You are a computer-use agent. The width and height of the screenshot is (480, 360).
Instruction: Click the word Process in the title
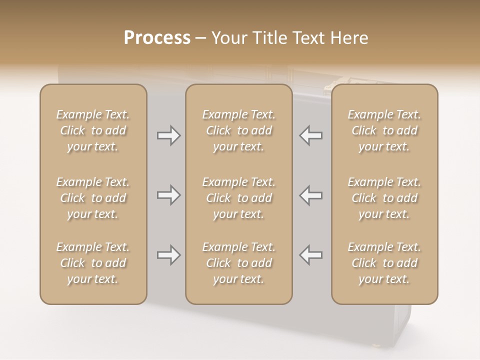tap(157, 38)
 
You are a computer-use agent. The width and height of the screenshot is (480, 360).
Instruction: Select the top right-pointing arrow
tap(168, 135)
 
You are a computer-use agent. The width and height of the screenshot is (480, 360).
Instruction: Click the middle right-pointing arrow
tap(168, 195)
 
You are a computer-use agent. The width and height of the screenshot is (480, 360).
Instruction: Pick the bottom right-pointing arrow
tap(168, 255)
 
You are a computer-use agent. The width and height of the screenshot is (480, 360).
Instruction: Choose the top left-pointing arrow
tap(310, 135)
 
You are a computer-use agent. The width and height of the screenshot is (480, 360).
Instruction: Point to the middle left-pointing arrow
tap(310, 195)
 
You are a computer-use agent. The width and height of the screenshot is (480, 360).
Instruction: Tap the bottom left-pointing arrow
tap(310, 255)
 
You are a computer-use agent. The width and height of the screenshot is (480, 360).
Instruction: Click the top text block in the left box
tap(93, 130)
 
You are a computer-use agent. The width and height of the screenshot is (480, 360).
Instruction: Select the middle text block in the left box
tap(93, 198)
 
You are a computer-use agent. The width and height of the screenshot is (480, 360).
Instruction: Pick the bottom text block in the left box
tap(93, 263)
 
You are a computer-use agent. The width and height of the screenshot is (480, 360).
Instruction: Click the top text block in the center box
tap(238, 130)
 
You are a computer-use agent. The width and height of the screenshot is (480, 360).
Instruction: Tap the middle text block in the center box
tap(238, 198)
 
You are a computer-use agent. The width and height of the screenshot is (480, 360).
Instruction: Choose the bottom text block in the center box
tap(238, 263)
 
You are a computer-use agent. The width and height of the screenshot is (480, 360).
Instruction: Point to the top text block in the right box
tap(384, 130)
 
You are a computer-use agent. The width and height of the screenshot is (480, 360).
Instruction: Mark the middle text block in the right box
tap(384, 198)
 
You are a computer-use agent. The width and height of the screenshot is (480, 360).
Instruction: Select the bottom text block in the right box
tap(384, 263)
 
